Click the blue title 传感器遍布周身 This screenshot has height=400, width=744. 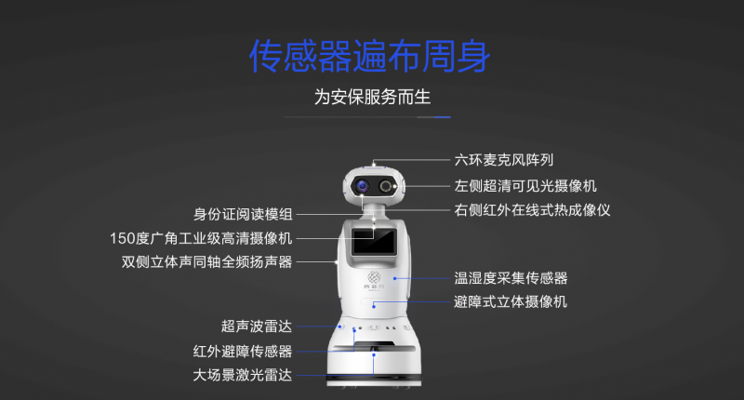[x=369, y=56]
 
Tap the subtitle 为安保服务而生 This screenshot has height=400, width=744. [x=373, y=98]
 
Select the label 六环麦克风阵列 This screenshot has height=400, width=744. [x=504, y=160]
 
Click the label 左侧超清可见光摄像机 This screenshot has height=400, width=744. [x=525, y=186]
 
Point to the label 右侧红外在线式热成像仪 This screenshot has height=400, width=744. [x=532, y=210]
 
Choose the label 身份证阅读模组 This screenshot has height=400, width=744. [x=243, y=215]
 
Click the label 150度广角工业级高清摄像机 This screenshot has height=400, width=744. [x=201, y=238]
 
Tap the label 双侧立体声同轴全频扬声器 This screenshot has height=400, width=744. [x=206, y=262]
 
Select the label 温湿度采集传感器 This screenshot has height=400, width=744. [x=511, y=278]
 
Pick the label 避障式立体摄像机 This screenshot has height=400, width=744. [x=511, y=301]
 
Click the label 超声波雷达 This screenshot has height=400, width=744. [x=257, y=327]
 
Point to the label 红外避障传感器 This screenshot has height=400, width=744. [x=243, y=351]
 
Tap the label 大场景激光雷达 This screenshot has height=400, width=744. [x=243, y=375]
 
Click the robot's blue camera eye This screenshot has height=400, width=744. [x=363, y=186]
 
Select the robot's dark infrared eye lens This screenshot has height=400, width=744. [x=386, y=186]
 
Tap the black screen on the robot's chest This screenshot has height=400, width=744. [x=374, y=241]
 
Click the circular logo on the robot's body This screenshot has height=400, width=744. [x=374, y=277]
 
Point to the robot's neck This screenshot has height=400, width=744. [x=374, y=211]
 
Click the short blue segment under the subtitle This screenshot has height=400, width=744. [x=443, y=116]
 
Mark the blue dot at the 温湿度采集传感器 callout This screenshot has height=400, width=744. [x=394, y=278]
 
